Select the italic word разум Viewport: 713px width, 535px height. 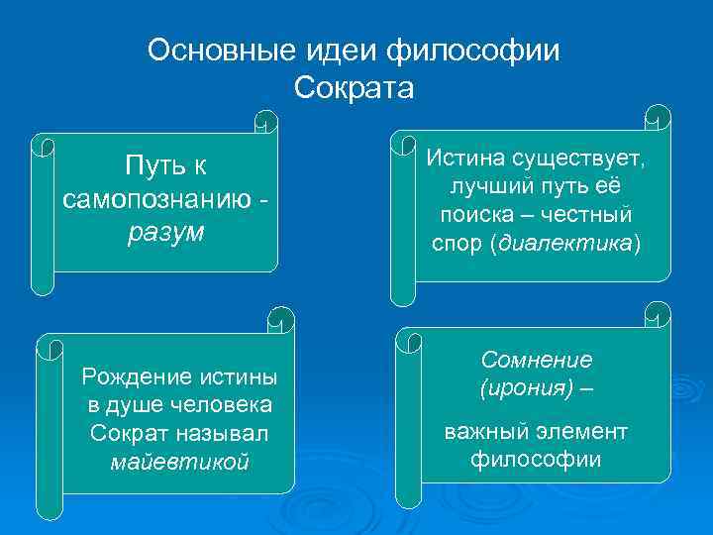point(165,233)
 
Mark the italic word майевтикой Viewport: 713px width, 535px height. point(179,462)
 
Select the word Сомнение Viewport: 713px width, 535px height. point(537,360)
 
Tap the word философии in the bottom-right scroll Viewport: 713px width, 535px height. point(536,460)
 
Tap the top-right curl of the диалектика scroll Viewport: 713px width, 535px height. point(657,117)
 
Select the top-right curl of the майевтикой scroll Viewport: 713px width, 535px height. point(281,320)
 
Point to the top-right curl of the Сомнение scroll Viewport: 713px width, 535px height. point(657,316)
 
